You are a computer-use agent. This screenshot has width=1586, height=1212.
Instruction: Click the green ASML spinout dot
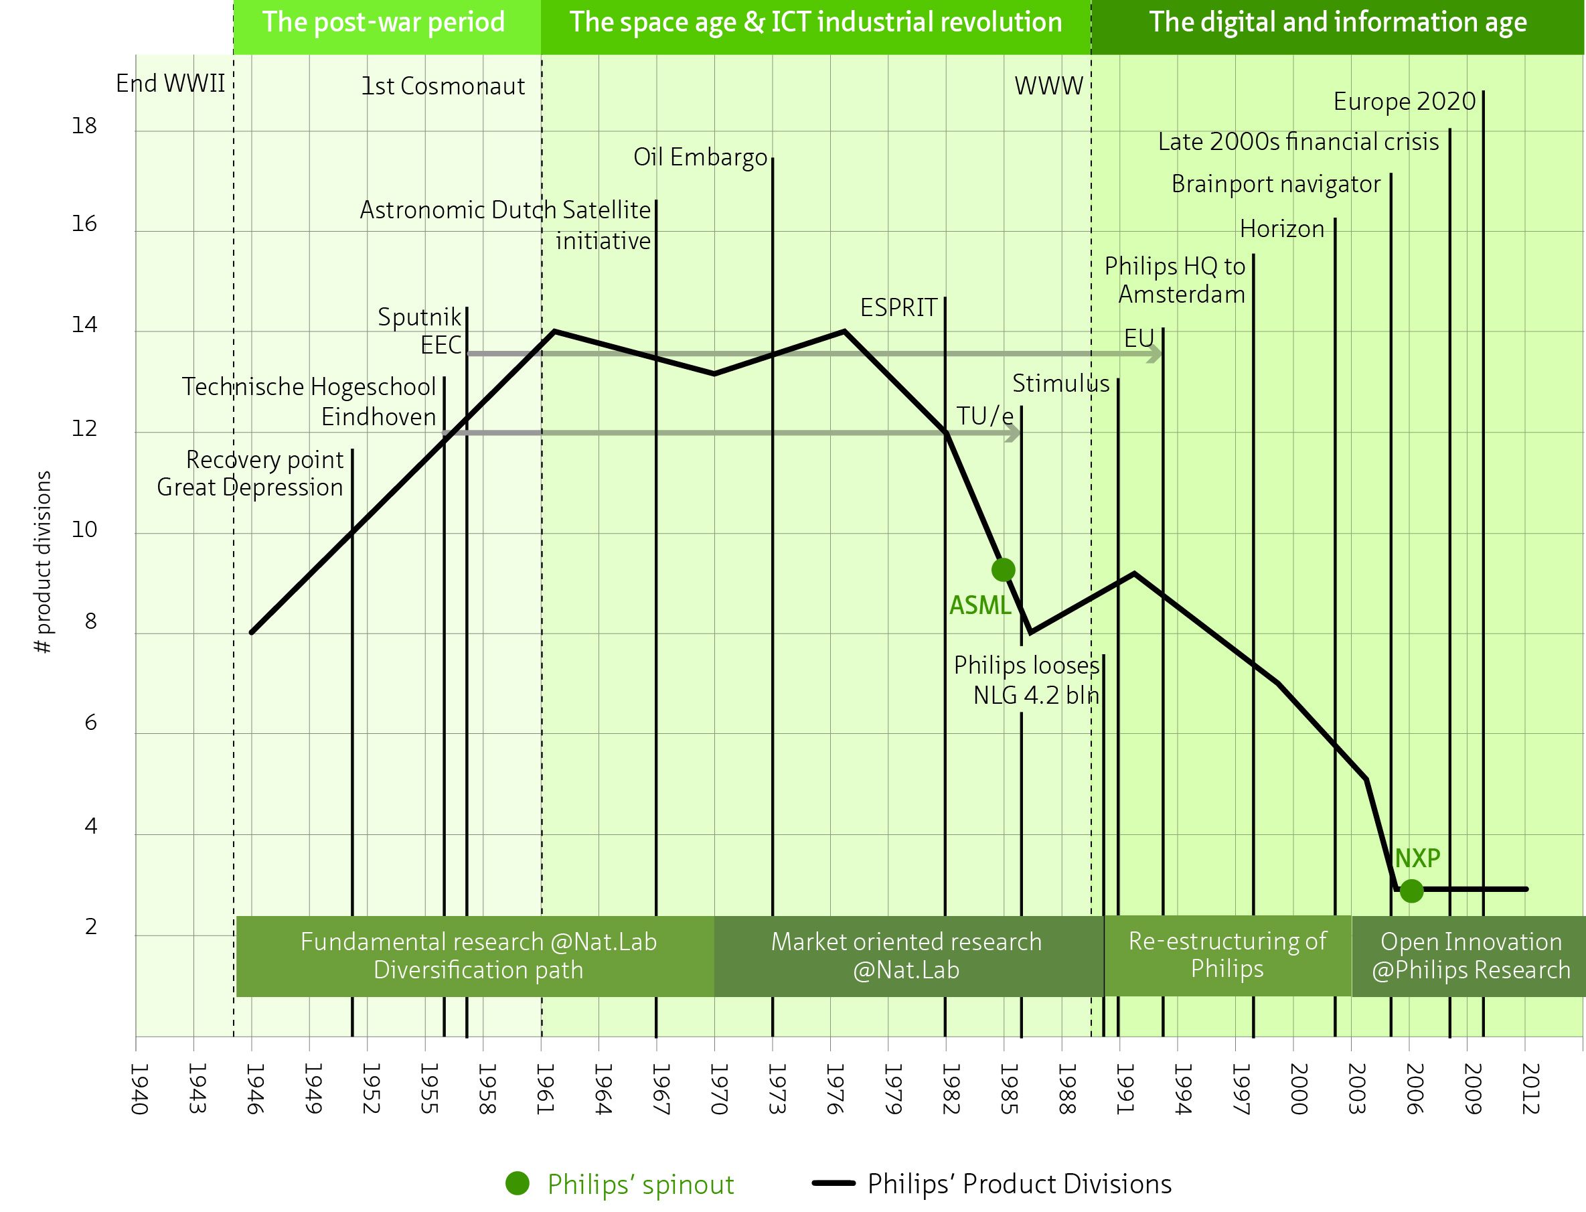coord(1002,570)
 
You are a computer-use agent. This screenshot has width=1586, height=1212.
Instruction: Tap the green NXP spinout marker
coord(1411,891)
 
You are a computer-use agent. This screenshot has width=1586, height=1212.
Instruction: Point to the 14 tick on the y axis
coord(84,325)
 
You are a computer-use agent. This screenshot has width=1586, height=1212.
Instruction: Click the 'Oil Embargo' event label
coord(700,157)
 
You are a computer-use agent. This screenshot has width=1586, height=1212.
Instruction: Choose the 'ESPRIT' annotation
coord(898,308)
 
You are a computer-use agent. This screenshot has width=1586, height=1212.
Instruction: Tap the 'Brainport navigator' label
coord(1275,185)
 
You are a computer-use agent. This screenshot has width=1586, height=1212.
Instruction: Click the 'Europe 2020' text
coord(1403,102)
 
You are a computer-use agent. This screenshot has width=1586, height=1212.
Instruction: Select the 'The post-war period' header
coord(383,23)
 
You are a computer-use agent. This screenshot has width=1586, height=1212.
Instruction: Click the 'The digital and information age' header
coord(1337,23)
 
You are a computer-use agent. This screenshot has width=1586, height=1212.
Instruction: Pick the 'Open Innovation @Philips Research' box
coord(1470,956)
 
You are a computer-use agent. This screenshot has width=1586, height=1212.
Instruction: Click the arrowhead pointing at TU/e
coord(1014,433)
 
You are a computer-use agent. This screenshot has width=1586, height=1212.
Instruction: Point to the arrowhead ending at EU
coord(1156,354)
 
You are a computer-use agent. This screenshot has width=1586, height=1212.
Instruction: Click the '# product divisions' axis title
coord(44,562)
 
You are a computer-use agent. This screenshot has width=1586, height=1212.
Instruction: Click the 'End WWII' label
coord(170,84)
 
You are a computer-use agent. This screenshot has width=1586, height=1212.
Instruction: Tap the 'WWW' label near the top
coord(1048,86)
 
